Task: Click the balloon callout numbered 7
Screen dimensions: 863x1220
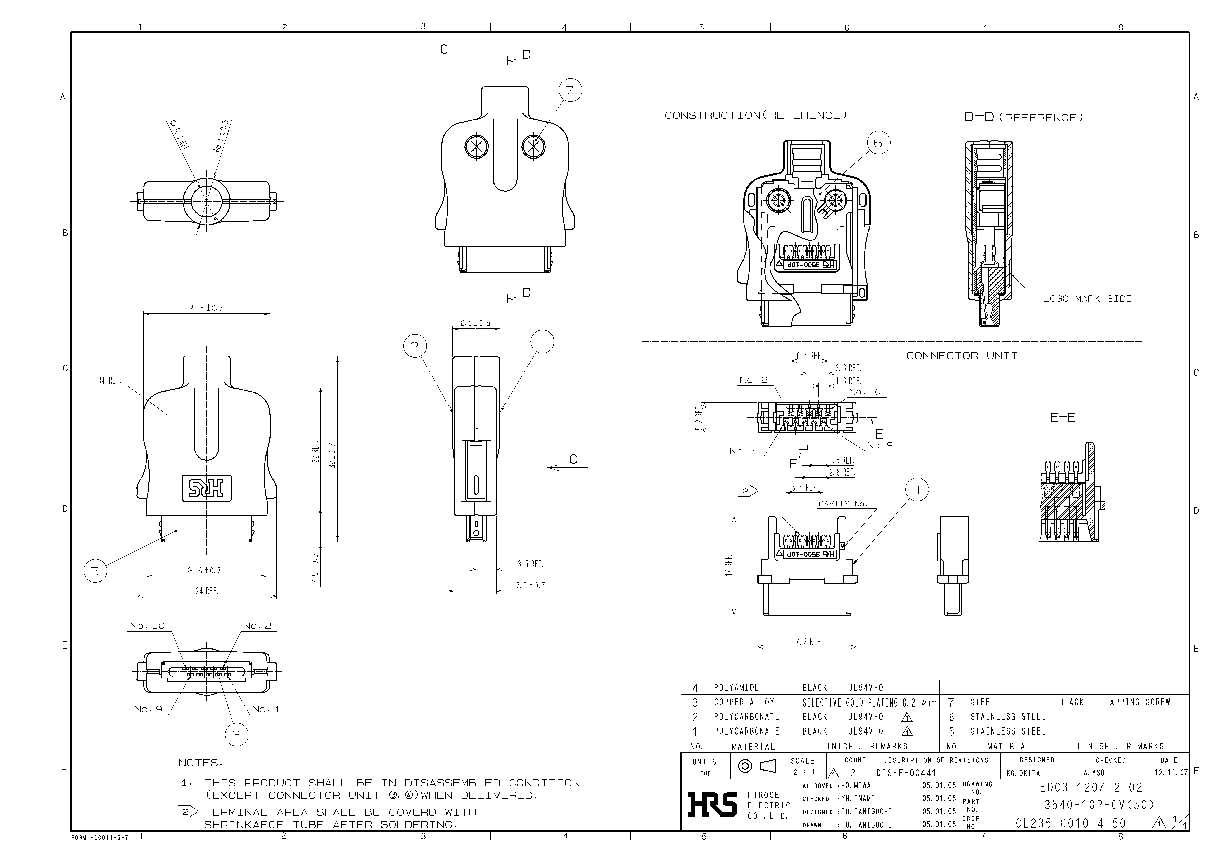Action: click(x=570, y=90)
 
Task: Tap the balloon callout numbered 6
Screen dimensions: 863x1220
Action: click(x=878, y=143)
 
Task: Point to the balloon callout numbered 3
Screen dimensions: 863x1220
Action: click(x=236, y=735)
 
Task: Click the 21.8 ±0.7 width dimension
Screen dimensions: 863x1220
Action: click(x=206, y=308)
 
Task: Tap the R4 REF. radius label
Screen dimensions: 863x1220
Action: click(x=109, y=380)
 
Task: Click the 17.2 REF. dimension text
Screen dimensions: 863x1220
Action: click(x=807, y=642)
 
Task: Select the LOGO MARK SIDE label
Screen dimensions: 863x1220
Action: click(x=1087, y=299)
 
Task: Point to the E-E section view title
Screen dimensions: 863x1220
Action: click(x=1063, y=418)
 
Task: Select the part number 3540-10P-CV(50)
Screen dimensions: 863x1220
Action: click(x=1099, y=805)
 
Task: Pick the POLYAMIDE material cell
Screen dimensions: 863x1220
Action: click(x=737, y=688)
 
